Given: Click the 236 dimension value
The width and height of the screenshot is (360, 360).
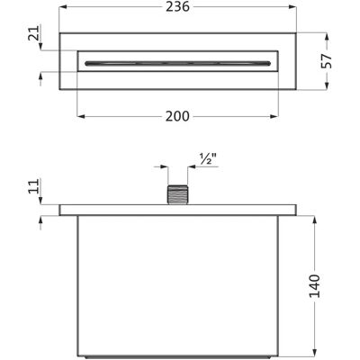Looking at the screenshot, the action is (178, 7).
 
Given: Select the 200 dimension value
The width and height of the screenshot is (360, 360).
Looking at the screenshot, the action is (177, 116).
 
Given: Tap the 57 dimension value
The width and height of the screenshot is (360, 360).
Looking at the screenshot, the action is (327, 61).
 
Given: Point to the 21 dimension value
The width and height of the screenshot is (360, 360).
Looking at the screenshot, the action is (34, 33).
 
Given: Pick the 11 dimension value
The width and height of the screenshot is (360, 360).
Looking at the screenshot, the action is (34, 186).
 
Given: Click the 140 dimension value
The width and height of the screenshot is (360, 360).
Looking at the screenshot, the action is (314, 285).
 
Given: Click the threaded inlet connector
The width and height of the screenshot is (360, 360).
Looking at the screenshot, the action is (177, 195).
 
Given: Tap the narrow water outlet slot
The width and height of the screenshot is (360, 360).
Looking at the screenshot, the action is (177, 63).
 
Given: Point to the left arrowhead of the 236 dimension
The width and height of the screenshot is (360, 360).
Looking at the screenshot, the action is (63, 7).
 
